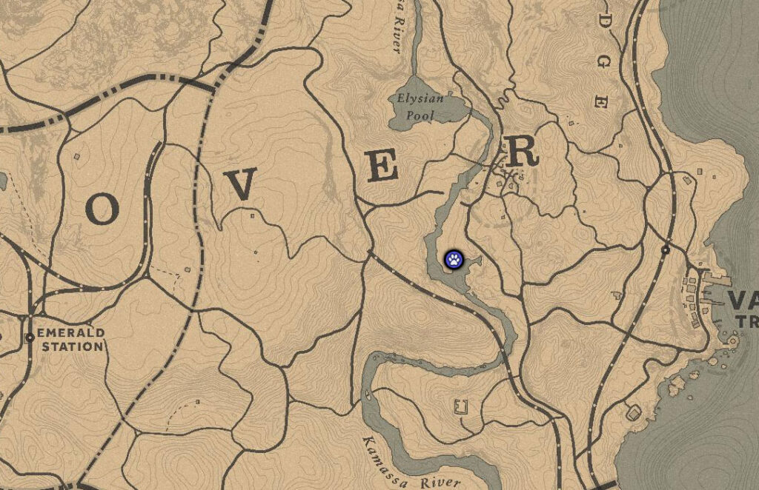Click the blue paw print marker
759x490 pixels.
coord(454,259)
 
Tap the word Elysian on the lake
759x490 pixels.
coord(420,99)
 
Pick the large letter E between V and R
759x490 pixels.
coord(382,168)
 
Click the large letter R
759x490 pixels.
coord(521,152)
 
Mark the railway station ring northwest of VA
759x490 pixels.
coord(666,250)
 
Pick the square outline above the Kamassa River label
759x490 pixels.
coord(461,406)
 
